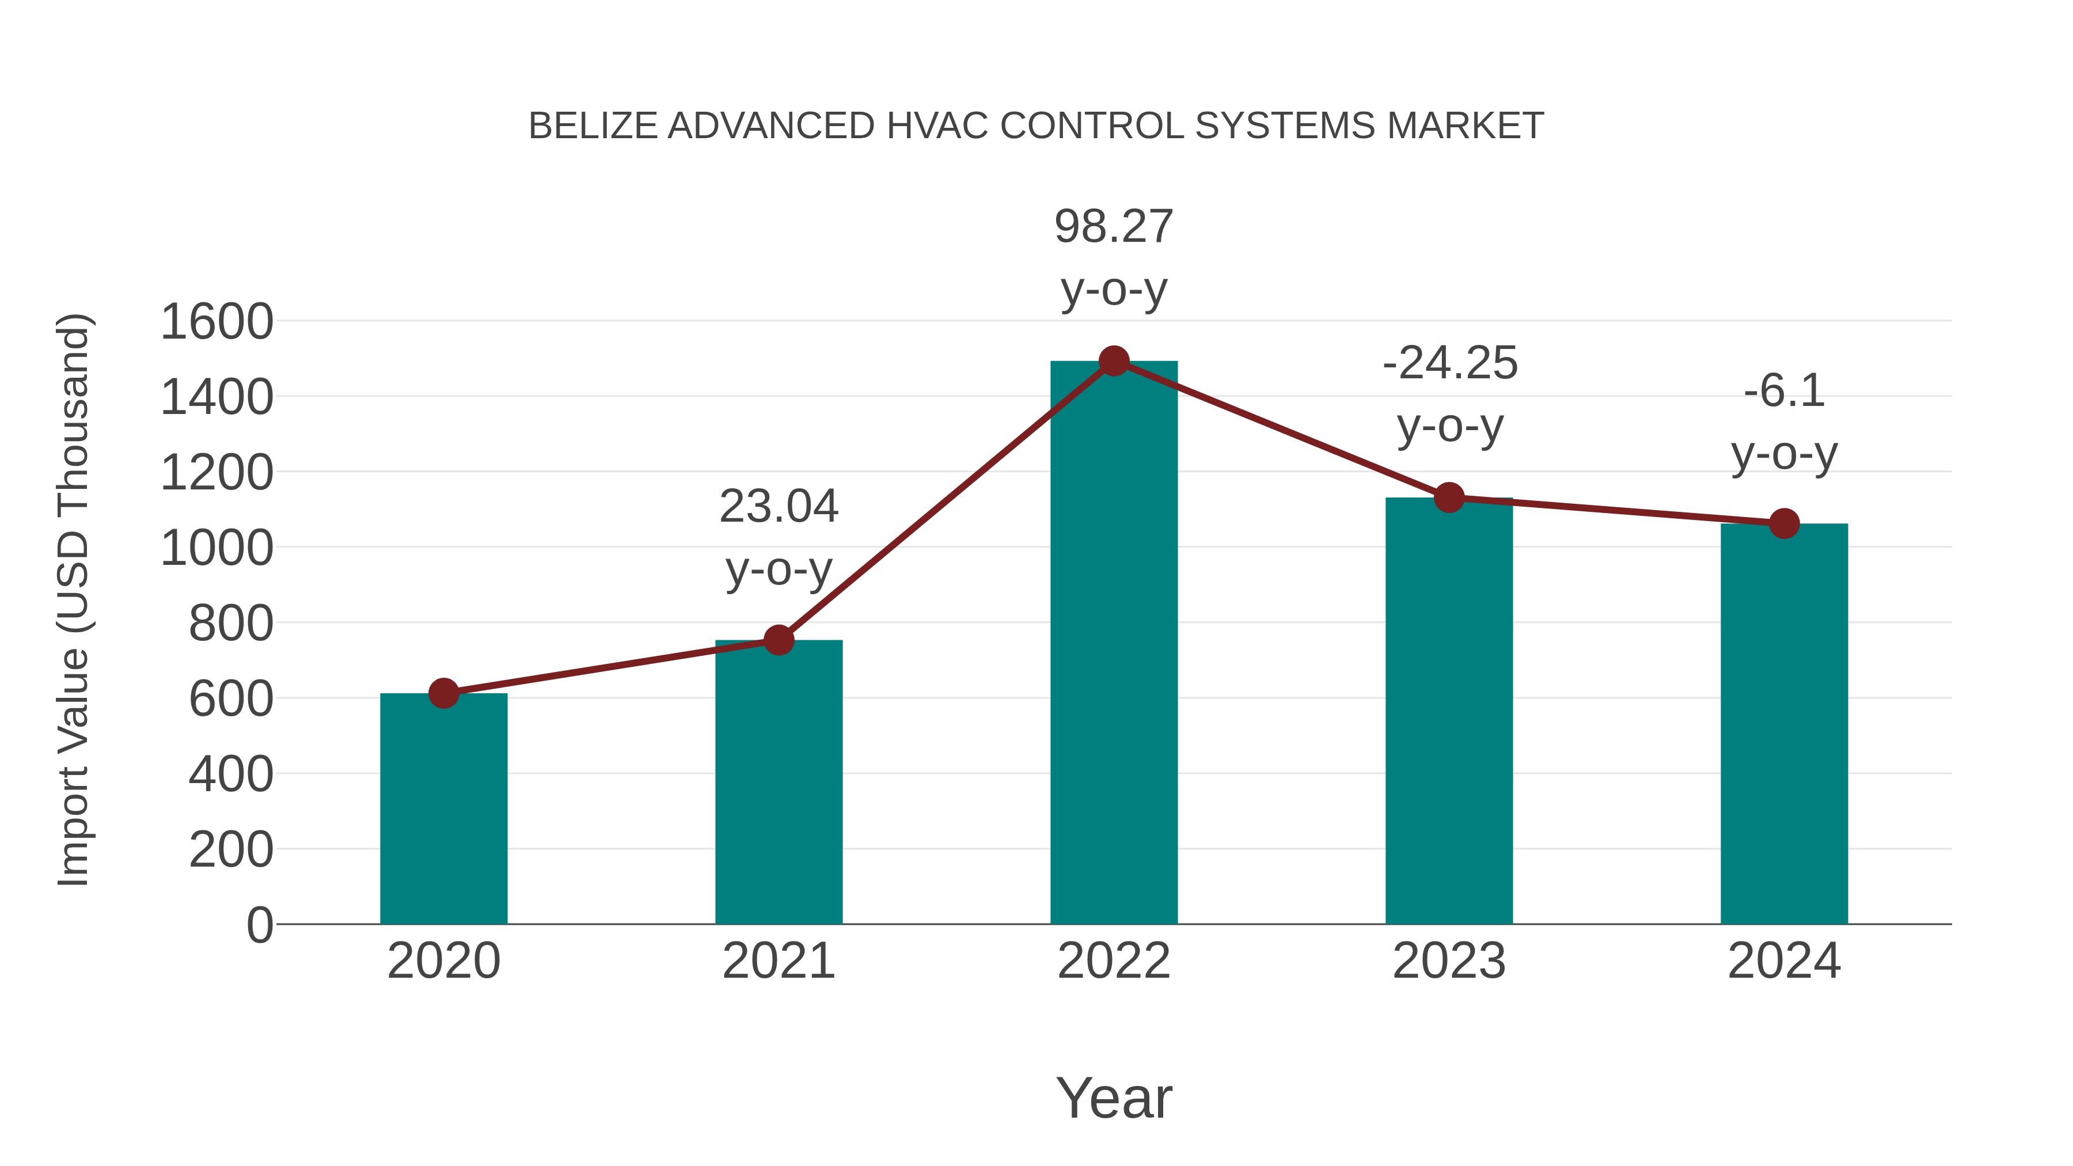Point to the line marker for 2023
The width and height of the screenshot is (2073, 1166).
pyautogui.click(x=1449, y=498)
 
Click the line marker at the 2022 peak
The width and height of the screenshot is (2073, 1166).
pyautogui.click(x=1114, y=361)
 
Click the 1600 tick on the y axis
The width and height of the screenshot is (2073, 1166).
pyautogui.click(x=217, y=322)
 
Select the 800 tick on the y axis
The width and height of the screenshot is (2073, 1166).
pyautogui.click(x=231, y=624)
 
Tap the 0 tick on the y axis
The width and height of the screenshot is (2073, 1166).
pyautogui.click(x=260, y=925)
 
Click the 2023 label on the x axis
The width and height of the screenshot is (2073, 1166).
pyautogui.click(x=1449, y=961)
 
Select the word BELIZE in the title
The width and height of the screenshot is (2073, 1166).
pyautogui.click(x=593, y=126)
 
